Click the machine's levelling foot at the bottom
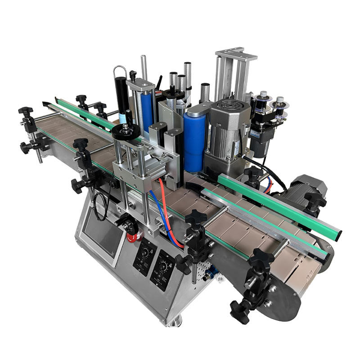tap(175, 320)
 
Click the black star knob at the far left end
tap(26, 112)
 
